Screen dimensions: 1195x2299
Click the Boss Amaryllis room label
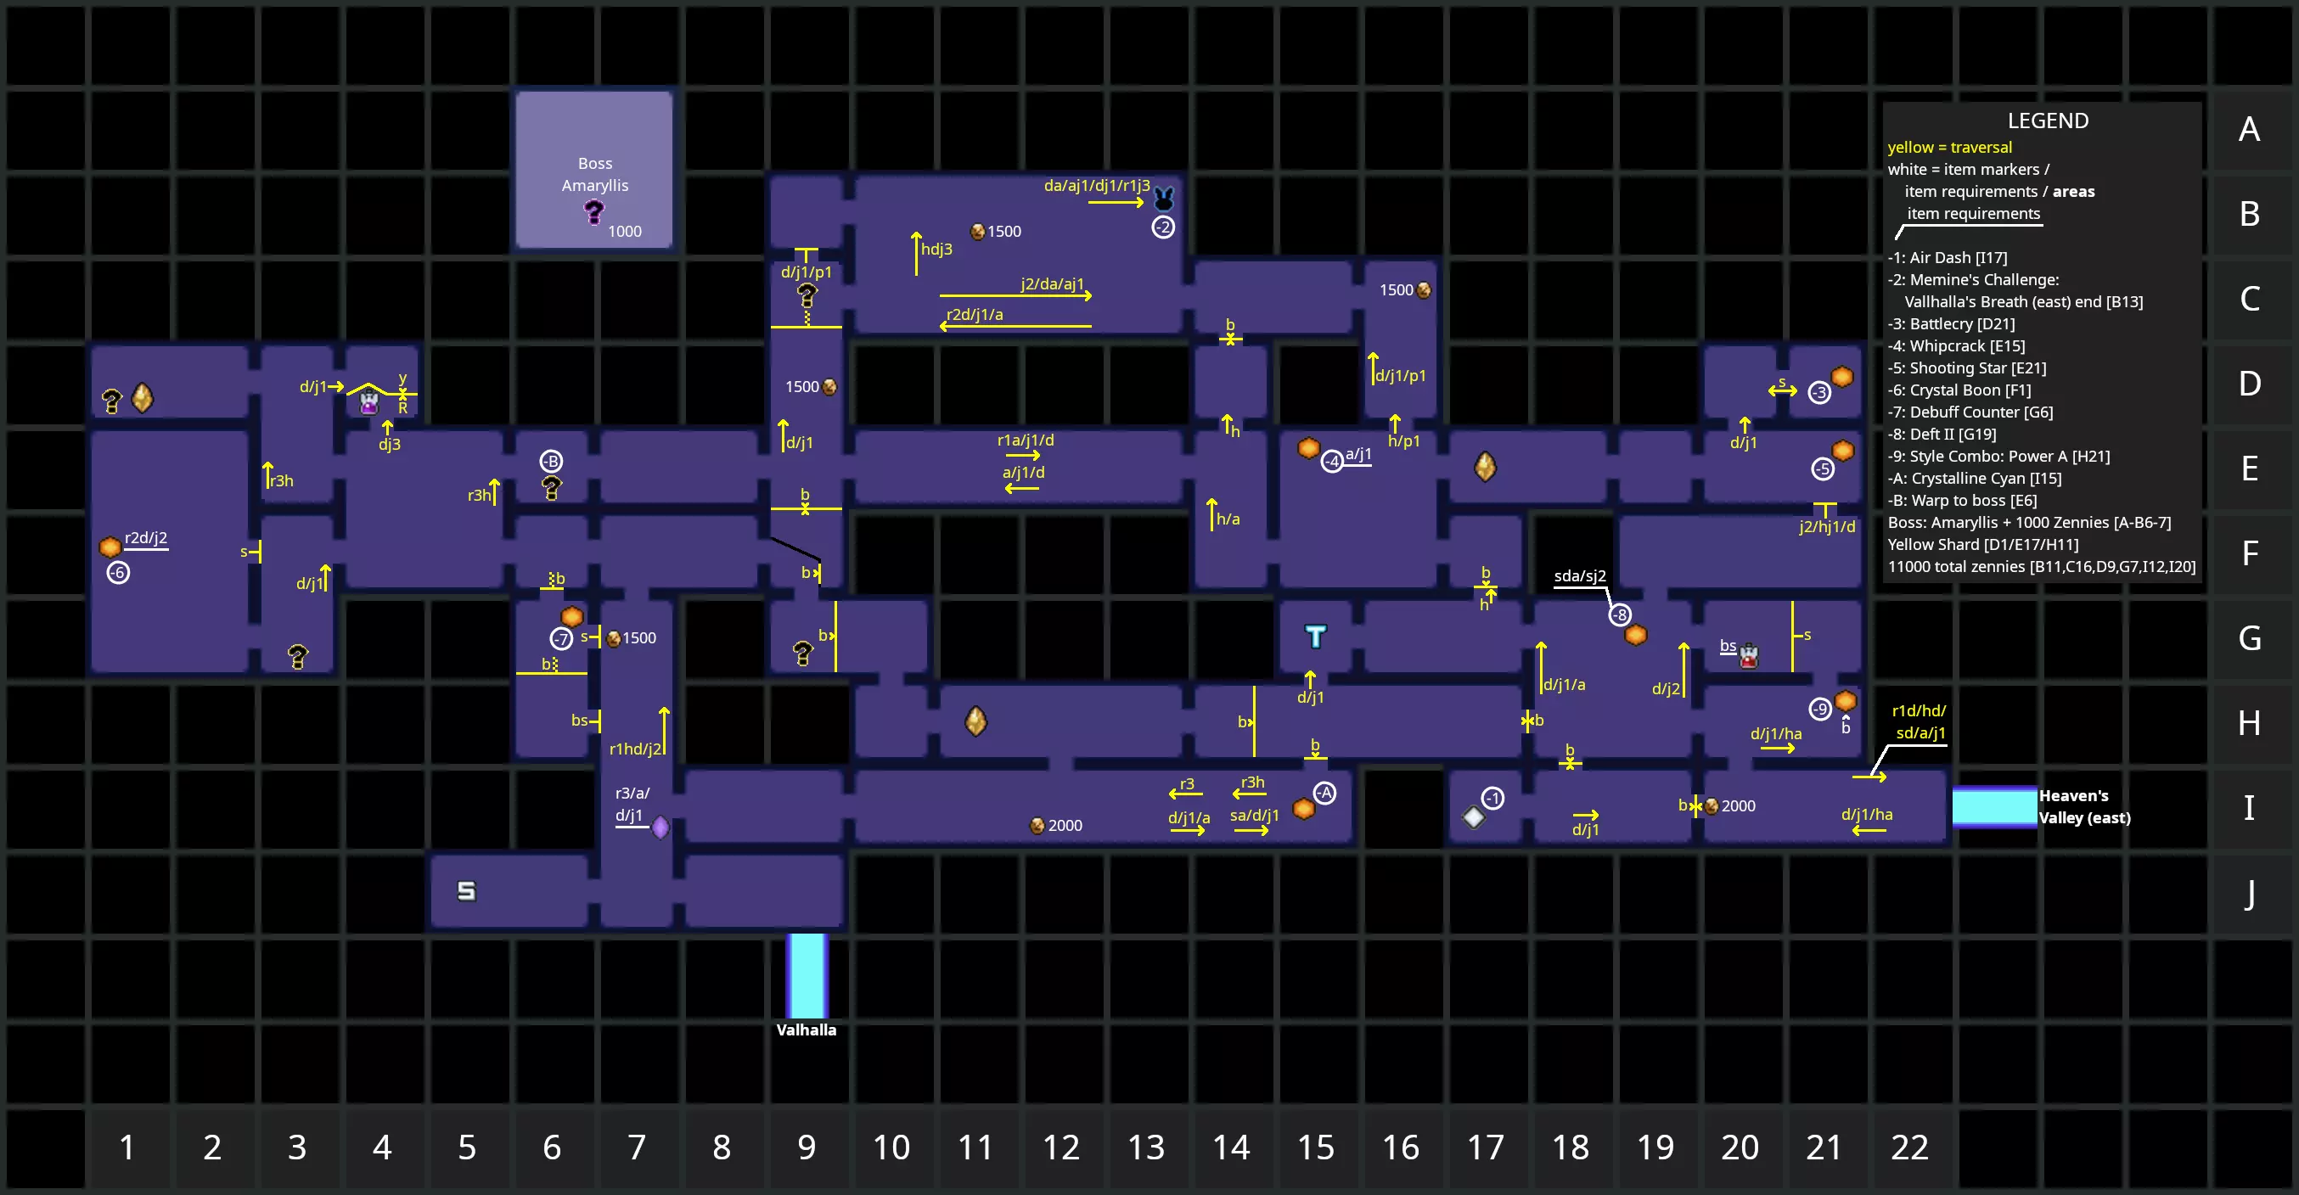point(594,174)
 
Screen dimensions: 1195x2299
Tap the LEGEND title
point(2048,121)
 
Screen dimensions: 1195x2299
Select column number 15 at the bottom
point(1316,1147)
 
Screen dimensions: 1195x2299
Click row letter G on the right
point(2249,638)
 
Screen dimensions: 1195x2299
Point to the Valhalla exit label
point(806,1029)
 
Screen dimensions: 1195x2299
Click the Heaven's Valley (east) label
point(2084,807)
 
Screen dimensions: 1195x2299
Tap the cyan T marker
point(1316,637)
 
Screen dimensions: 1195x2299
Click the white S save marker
point(467,890)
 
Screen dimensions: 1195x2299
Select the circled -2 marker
point(1163,227)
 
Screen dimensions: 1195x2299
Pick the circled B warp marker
point(552,462)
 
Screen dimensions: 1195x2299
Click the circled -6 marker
point(119,573)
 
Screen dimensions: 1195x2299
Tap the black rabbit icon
point(1164,197)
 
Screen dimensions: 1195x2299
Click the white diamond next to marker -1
point(1474,816)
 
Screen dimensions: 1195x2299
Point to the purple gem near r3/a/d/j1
point(660,828)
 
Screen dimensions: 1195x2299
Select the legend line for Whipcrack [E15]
point(1956,346)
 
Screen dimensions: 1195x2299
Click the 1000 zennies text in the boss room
point(625,232)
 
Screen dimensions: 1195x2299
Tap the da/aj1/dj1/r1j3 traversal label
point(1097,186)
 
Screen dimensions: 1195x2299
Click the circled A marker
point(1325,794)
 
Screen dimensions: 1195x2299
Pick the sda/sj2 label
point(1580,575)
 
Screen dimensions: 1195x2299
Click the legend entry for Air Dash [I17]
point(1948,258)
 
